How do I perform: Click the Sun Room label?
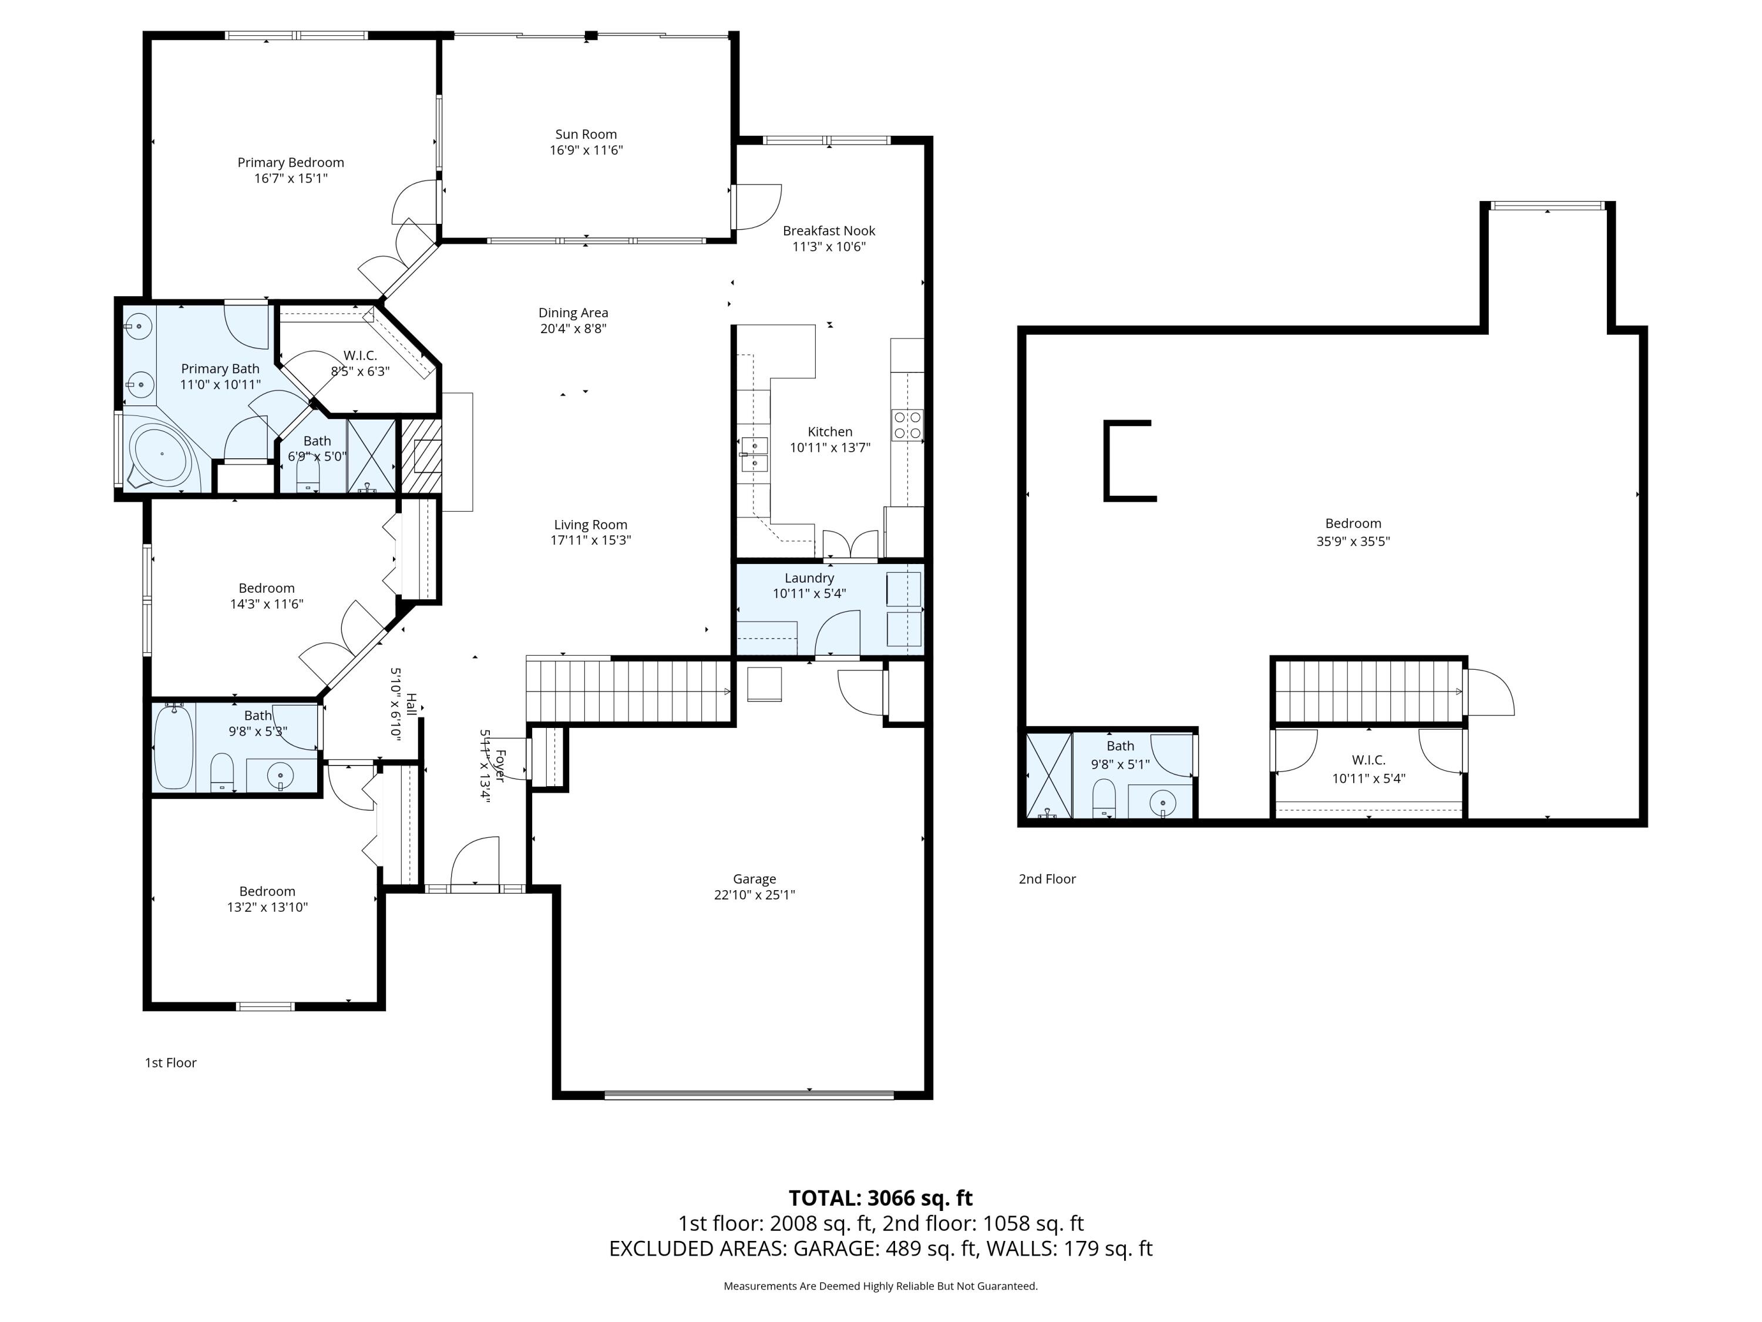coord(586,135)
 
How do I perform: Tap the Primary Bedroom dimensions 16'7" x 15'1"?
coord(291,179)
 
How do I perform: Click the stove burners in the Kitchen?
coord(907,425)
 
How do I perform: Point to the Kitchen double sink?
coord(754,454)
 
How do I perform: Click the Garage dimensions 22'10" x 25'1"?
coord(754,895)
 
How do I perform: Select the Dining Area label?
coord(573,313)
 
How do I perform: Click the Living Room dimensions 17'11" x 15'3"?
coord(590,541)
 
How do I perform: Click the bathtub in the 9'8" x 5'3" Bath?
coord(174,747)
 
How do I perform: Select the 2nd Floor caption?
coord(1047,879)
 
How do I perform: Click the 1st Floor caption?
coord(170,1062)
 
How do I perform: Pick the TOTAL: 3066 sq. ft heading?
coord(880,1197)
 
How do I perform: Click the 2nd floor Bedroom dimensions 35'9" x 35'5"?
coord(1353,541)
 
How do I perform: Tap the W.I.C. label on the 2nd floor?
coord(1368,760)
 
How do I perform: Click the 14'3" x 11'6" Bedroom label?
coord(267,589)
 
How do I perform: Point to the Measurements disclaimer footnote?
coord(880,1286)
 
